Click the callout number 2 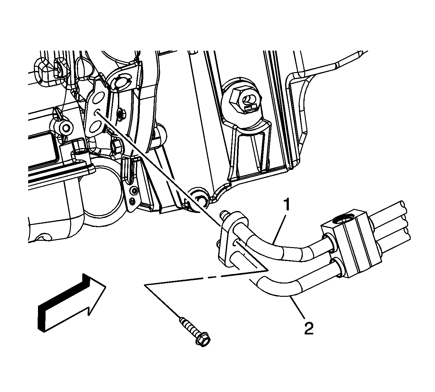click(309, 328)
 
